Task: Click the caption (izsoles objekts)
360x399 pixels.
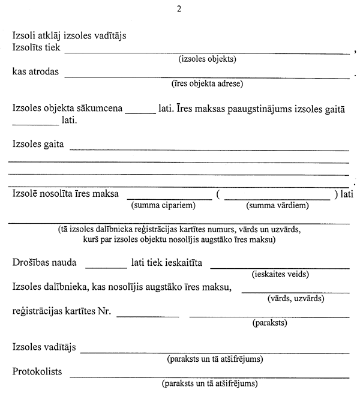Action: tap(208, 59)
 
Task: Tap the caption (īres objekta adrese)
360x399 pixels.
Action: tap(207, 84)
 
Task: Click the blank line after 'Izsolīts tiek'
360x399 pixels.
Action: tap(207, 53)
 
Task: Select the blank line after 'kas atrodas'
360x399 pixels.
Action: tap(207, 77)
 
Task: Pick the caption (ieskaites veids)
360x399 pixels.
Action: tap(280, 274)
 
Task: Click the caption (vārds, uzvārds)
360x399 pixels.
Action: tap(295, 298)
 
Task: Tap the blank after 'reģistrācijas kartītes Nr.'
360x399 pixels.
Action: tap(152, 316)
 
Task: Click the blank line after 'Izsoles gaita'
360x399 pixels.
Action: tap(209, 149)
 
